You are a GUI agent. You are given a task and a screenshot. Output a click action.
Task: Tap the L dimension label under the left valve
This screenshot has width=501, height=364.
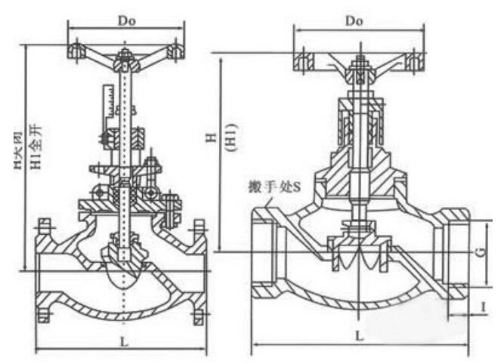(123, 342)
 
